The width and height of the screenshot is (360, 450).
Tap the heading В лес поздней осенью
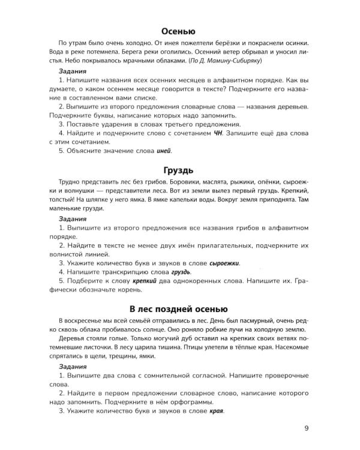click(179, 308)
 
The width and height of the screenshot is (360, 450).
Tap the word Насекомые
click(290, 347)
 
